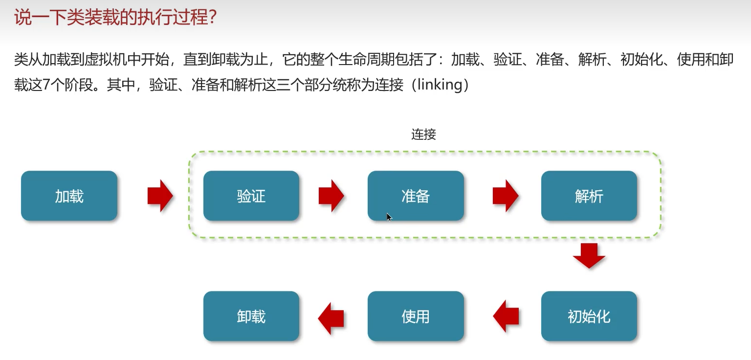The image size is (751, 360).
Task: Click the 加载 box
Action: [x=69, y=196]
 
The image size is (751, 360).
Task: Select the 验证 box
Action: [x=251, y=196]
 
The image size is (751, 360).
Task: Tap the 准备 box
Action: [x=416, y=196]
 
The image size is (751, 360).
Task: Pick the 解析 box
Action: [x=589, y=196]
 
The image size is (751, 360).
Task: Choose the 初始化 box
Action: [x=589, y=316]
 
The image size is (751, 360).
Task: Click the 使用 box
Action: [x=416, y=316]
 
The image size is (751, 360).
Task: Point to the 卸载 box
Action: [x=251, y=316]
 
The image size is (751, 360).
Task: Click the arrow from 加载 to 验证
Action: [x=160, y=196]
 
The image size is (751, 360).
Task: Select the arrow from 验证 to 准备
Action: [x=331, y=196]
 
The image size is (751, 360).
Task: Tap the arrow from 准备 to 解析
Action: [x=505, y=196]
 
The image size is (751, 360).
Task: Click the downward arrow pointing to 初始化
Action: [x=589, y=256]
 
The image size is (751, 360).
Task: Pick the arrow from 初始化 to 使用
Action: [x=506, y=316]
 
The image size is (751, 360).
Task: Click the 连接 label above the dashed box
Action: [x=423, y=135]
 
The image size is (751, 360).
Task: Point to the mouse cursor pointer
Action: [x=389, y=217]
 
